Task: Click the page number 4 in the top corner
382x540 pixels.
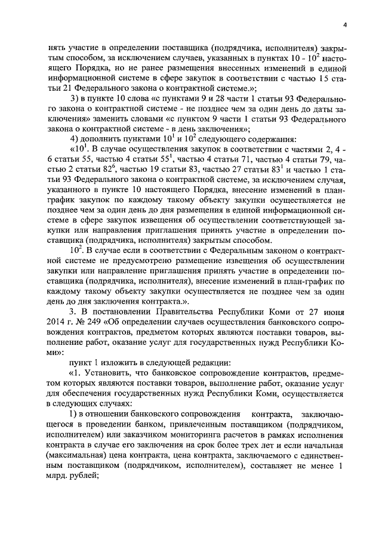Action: click(344, 24)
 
